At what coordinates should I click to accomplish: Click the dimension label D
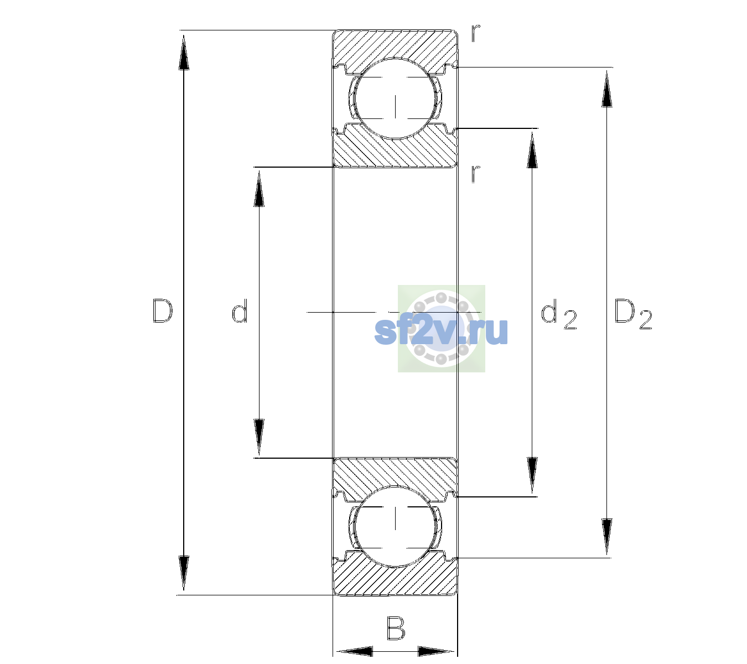pyautogui.click(x=163, y=311)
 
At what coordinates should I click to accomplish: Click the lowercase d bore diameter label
pyautogui.click(x=240, y=310)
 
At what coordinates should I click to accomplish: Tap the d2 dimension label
pyautogui.click(x=559, y=314)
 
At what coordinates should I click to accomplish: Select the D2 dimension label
pyautogui.click(x=633, y=314)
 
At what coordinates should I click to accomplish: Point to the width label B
pyautogui.click(x=396, y=627)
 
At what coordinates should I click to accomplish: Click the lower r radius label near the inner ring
pyautogui.click(x=476, y=174)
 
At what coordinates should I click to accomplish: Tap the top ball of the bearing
pyautogui.click(x=395, y=99)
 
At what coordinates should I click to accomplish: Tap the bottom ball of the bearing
pyautogui.click(x=395, y=526)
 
